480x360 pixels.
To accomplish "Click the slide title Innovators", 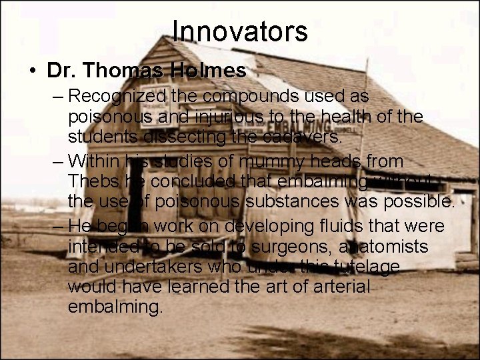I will tap(240, 31).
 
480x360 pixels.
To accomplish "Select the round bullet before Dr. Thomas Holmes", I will tap(33, 71).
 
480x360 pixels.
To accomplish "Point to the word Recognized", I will tap(117, 97).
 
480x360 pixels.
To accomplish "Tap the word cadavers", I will tap(303, 137).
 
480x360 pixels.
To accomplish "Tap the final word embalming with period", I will tap(115, 307).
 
